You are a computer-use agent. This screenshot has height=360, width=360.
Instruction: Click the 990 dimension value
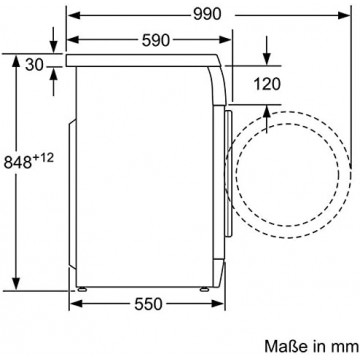[207, 14]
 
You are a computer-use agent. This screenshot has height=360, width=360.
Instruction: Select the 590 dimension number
[156, 40]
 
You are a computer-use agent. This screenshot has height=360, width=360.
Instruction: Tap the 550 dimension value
[148, 304]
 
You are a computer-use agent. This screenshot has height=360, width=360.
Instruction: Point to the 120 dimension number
[267, 84]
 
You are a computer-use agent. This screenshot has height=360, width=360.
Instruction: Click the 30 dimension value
[34, 65]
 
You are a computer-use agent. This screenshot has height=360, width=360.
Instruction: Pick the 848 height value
[18, 162]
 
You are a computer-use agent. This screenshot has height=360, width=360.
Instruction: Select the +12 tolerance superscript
[43, 158]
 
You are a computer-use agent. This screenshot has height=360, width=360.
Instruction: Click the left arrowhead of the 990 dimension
[73, 15]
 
